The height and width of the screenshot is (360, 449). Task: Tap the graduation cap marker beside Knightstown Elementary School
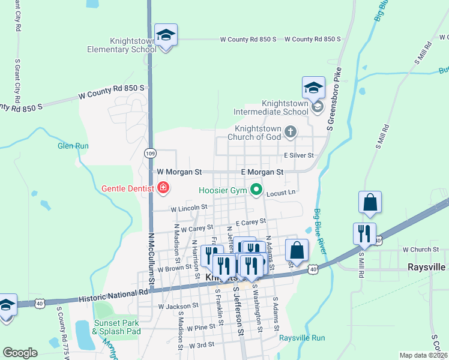click(166, 36)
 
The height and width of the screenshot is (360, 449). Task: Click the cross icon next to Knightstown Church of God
click(291, 132)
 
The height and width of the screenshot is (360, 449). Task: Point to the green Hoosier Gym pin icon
click(257, 191)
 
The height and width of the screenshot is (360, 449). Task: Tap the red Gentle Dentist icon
click(163, 189)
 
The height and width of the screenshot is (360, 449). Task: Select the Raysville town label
click(428, 266)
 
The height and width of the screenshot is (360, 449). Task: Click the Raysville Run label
click(302, 338)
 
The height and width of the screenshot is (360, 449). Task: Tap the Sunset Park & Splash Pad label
click(116, 327)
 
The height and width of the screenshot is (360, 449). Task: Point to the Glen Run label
click(73, 146)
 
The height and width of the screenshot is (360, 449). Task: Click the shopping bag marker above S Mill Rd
click(370, 204)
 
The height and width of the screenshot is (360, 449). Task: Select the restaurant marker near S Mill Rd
click(364, 234)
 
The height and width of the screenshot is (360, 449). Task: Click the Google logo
click(20, 352)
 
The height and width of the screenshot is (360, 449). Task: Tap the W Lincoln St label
click(188, 208)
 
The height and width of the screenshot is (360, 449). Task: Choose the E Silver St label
click(299, 155)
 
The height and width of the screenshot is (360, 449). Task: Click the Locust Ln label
click(281, 193)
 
